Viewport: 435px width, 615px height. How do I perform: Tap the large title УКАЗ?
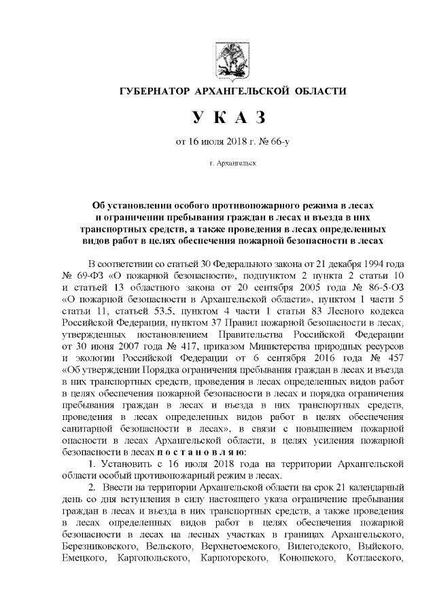[227, 119]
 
